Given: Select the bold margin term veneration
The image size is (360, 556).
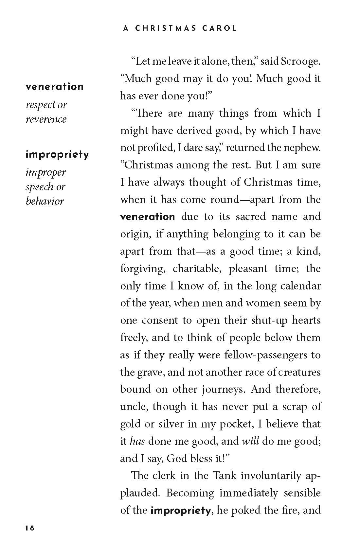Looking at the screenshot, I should pos(55,87).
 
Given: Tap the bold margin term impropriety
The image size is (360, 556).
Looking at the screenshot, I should pos(57,154).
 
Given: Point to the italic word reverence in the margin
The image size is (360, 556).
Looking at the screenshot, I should pos(46,119).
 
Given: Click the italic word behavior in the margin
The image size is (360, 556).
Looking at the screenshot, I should pos(45,201).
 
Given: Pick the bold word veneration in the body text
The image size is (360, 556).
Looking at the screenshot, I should pos(148,217).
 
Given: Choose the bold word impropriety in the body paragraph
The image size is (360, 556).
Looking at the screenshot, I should pos(180,510).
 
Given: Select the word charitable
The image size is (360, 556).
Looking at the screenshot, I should pos(196,269).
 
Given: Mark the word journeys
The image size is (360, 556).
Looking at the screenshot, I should pos(223,390).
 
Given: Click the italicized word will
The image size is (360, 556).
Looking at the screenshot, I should pos(250,441).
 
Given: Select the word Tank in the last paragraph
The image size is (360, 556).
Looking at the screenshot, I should pos(225,476).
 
